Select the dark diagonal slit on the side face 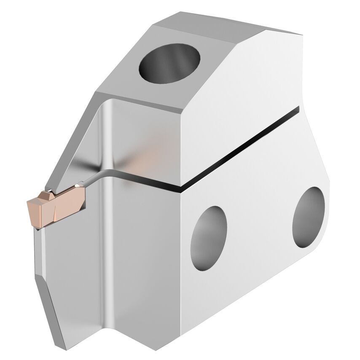point(236,148)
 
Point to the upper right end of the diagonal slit point(298,109)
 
